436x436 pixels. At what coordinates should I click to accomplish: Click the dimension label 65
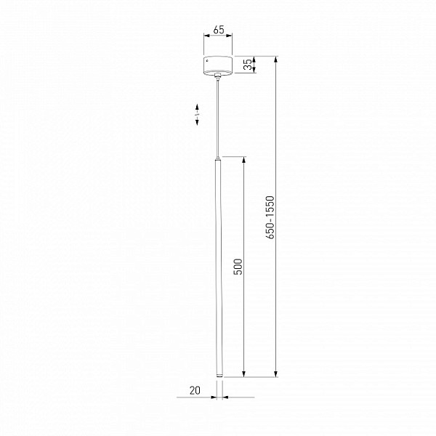pyautogui.click(x=219, y=30)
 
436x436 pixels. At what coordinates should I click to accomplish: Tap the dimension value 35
pyautogui.click(x=248, y=65)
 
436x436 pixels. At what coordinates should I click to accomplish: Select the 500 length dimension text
pyautogui.click(x=238, y=267)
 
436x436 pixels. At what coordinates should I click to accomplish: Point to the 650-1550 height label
pyautogui.click(x=270, y=217)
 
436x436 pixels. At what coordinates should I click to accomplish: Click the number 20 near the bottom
pyautogui.click(x=195, y=390)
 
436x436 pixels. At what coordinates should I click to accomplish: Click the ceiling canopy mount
pyautogui.click(x=218, y=65)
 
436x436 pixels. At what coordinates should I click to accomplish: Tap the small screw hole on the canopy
pyautogui.click(x=207, y=60)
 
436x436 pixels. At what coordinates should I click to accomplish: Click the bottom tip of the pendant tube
pyautogui.click(x=219, y=376)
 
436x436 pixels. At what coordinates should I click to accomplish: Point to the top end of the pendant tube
pyautogui.click(x=218, y=158)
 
